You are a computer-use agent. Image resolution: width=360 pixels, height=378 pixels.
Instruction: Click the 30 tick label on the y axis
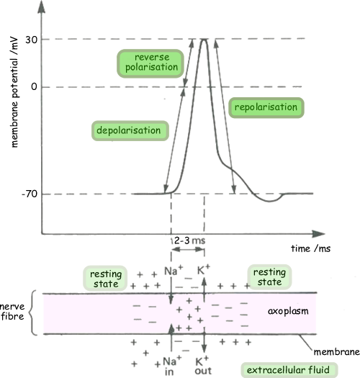click(x=32, y=40)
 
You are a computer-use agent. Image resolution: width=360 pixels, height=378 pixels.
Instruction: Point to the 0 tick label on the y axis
click(x=35, y=86)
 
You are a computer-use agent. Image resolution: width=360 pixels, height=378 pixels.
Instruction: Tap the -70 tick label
click(x=30, y=194)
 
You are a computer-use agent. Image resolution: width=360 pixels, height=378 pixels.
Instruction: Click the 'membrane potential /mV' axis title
click(x=14, y=92)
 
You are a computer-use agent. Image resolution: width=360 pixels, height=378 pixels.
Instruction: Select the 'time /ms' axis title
click(x=310, y=248)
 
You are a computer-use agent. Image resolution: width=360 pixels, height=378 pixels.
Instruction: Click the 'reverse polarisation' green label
click(x=150, y=63)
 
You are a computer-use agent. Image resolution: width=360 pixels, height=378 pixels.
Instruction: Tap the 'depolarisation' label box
click(x=130, y=130)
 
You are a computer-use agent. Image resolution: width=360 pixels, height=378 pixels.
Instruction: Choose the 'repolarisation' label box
click(x=266, y=107)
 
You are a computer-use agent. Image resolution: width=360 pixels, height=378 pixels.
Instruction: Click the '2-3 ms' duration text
click(x=189, y=240)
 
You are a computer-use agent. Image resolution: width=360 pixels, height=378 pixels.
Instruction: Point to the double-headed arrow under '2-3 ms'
click(x=188, y=249)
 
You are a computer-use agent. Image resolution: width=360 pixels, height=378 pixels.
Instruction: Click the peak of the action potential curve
click(x=204, y=39)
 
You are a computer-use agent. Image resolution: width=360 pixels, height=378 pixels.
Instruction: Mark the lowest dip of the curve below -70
click(x=270, y=201)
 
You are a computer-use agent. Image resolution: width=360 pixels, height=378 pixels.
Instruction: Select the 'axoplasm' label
click(x=288, y=311)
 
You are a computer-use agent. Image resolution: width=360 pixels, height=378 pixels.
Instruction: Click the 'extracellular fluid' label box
click(x=289, y=370)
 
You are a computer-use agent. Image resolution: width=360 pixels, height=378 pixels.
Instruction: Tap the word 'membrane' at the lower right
click(x=337, y=352)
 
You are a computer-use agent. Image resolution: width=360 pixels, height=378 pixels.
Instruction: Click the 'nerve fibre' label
click(x=12, y=311)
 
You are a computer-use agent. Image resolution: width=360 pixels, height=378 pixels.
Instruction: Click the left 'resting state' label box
click(x=105, y=278)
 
